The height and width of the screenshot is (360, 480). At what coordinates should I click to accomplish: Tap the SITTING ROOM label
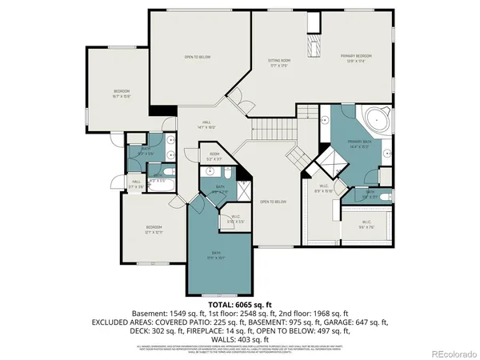[x=279, y=62]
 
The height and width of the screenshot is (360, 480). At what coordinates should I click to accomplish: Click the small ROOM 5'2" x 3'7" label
[x=214, y=156]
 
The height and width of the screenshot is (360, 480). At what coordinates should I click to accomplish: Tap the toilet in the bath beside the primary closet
[x=385, y=195]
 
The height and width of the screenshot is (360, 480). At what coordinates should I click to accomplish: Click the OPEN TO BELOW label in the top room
[x=198, y=57]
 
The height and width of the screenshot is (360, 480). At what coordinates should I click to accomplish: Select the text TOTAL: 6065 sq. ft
[x=240, y=305]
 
